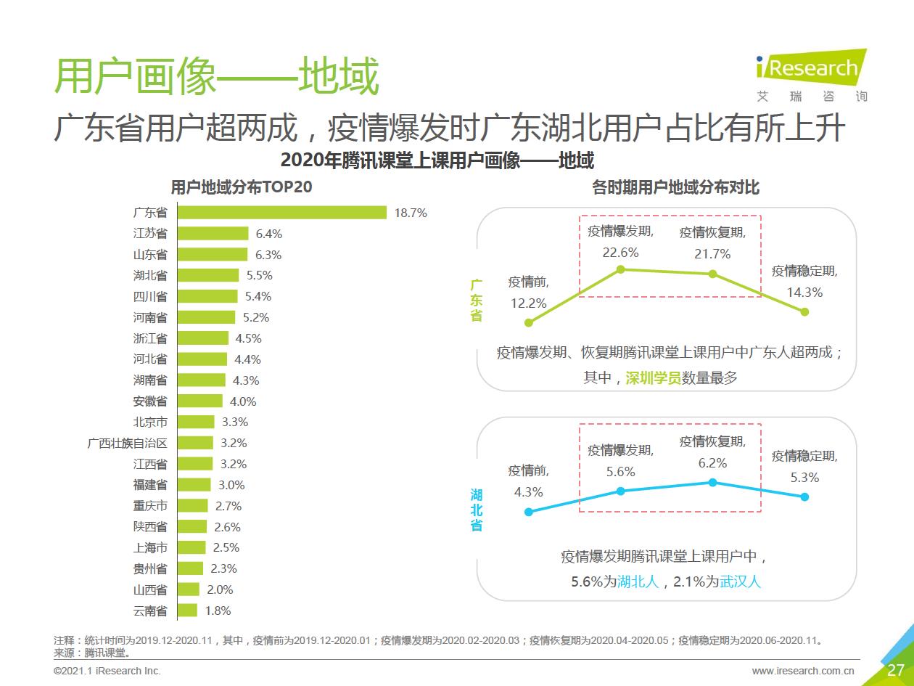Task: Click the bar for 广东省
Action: pyautogui.click(x=282, y=213)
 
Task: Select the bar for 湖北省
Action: pyautogui.click(x=208, y=275)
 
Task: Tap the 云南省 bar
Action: pyautogui.click(x=187, y=611)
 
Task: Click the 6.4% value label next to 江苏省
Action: pyautogui.click(x=268, y=234)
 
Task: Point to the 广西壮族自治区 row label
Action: pyautogui.click(x=127, y=443)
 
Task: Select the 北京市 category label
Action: pyautogui.click(x=150, y=422)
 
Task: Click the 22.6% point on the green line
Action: pyautogui.click(x=620, y=269)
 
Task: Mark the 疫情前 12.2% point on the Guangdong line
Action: pyautogui.click(x=529, y=323)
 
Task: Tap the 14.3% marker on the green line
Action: pyautogui.click(x=804, y=311)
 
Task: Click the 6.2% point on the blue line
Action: pyautogui.click(x=712, y=482)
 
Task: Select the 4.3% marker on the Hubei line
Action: pyautogui.click(x=529, y=512)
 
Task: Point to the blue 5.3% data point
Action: pyautogui.click(x=804, y=497)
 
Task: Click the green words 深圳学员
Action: pyautogui.click(x=653, y=378)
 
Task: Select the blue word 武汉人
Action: pyautogui.click(x=740, y=581)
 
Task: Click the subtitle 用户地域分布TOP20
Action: pyautogui.click(x=241, y=187)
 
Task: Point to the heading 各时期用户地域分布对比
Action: pyautogui.click(x=675, y=187)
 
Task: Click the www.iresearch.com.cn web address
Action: pyautogui.click(x=803, y=671)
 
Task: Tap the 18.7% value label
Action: pyautogui.click(x=411, y=213)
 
